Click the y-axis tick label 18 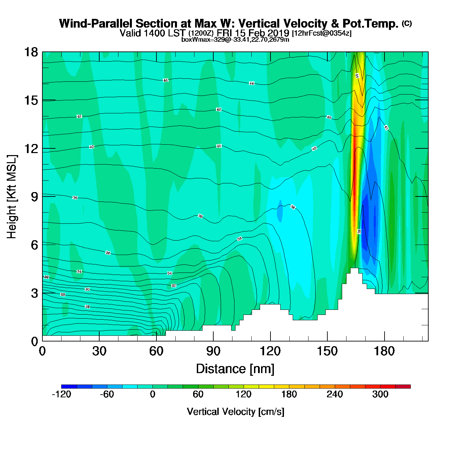31,52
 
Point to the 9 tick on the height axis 34,197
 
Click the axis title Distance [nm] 235,369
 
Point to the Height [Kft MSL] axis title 12,197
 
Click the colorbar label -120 61,394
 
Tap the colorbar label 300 380,394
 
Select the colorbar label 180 289,394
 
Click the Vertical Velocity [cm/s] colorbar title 235,412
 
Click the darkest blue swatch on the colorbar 69,387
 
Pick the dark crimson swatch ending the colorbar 403,387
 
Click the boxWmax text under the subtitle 235,40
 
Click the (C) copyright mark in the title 407,23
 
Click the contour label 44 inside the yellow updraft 357,76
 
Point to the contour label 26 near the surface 87,307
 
